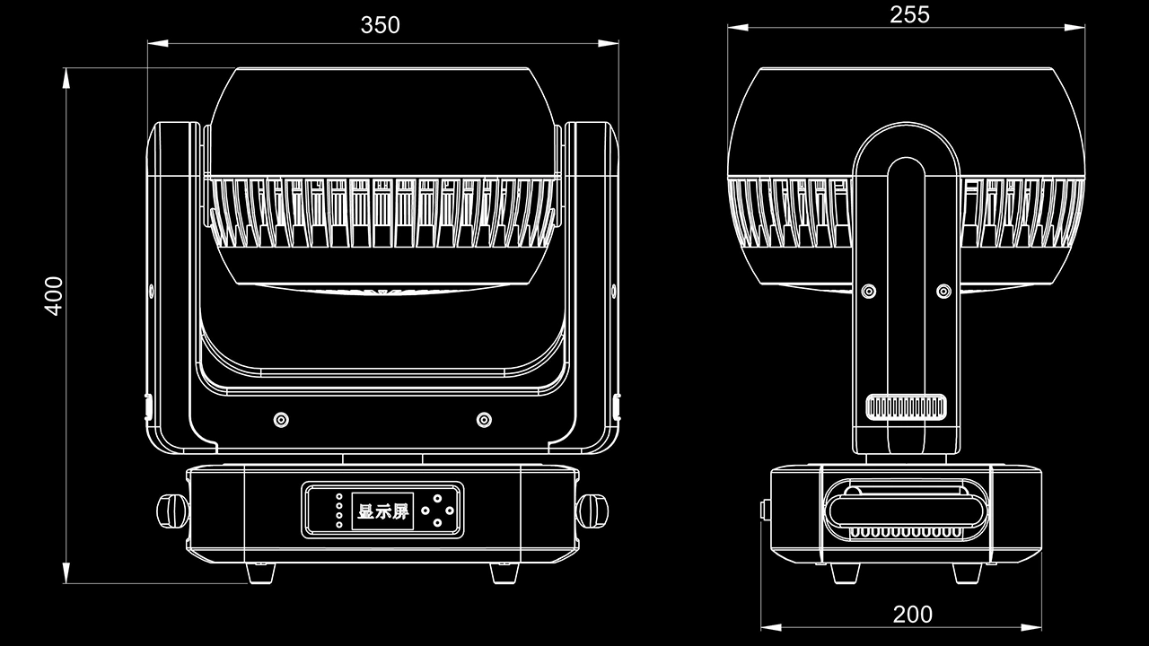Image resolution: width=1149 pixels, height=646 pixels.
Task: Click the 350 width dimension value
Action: (380, 25)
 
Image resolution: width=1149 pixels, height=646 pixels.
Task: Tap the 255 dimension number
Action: (908, 14)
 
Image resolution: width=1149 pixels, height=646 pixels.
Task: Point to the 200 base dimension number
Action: (912, 615)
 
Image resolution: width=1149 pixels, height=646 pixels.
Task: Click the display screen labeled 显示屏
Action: (382, 511)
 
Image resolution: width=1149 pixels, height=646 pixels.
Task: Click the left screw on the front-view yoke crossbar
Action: (281, 420)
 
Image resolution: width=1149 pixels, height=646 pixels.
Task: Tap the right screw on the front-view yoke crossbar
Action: (484, 420)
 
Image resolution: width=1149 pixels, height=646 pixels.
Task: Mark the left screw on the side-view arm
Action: (868, 292)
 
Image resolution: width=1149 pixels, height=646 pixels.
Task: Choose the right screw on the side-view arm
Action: (943, 292)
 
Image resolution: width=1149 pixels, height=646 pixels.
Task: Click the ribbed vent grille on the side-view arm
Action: (907, 406)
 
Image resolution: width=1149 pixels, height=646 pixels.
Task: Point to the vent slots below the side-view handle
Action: (905, 532)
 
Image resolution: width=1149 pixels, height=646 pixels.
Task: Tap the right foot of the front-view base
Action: (505, 571)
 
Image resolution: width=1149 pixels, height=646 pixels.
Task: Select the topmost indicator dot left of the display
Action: (338, 496)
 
